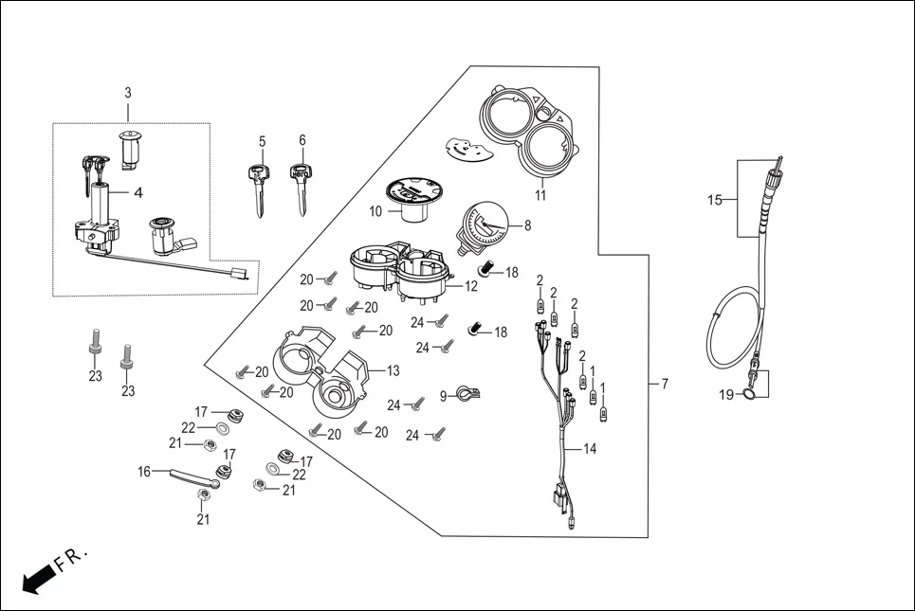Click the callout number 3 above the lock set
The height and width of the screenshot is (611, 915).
128,93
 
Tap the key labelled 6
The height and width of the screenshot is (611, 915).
301,188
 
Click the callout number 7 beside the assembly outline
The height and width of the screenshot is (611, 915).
665,384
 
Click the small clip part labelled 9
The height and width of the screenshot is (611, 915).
466,392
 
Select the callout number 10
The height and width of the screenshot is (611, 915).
376,210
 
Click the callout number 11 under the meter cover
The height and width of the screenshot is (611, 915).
541,196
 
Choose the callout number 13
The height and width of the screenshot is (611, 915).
393,369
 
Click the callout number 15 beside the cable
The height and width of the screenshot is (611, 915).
716,200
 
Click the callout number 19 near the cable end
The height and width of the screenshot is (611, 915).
727,395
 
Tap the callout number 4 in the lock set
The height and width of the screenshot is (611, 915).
137,193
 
